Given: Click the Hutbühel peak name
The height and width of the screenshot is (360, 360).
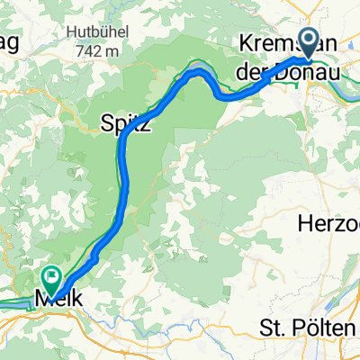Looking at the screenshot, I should [x=99, y=33].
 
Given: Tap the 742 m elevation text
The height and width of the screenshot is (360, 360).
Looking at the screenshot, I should [x=99, y=51].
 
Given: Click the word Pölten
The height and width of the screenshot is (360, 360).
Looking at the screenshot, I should [x=329, y=328].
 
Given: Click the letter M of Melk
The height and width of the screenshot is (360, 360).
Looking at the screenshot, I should [x=42, y=295].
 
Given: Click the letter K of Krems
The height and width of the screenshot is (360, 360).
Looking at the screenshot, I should [x=246, y=42].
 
